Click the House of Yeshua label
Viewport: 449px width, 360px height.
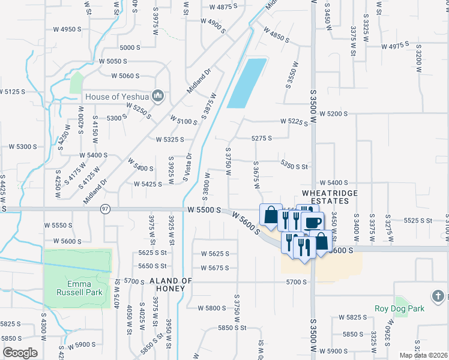[x=118, y=97]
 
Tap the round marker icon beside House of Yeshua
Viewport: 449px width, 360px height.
[x=158, y=96]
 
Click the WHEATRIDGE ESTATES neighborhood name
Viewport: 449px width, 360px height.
[x=333, y=197]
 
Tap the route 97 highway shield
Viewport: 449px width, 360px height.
[x=106, y=208]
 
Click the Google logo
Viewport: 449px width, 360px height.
[x=20, y=353]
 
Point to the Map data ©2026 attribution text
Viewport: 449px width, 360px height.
[x=423, y=355]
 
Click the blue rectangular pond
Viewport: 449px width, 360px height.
[x=247, y=83]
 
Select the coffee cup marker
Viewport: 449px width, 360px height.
[x=313, y=222]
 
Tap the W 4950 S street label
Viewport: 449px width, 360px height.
[x=67, y=29]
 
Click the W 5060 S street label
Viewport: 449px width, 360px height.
[x=125, y=76]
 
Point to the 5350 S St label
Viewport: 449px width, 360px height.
[x=294, y=166]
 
